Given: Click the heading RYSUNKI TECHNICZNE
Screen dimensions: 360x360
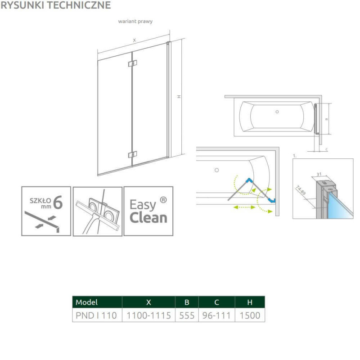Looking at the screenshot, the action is coord(55,5).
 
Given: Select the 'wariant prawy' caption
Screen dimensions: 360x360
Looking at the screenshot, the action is coord(135,21).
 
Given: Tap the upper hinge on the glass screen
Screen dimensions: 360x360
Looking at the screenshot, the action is coord(132,63).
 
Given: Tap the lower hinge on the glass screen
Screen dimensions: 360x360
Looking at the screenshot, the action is coord(132,154).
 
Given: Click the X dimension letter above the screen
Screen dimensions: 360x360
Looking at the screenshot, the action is coord(134,40).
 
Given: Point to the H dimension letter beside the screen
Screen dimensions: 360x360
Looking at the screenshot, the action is coord(179,97).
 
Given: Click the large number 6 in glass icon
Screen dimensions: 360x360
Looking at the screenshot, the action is coord(58,202).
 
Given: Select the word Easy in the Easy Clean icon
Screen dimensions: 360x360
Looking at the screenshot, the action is coord(143,205).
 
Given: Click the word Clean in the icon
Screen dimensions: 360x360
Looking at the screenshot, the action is coord(148,218).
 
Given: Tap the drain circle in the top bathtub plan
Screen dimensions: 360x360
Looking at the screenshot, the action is coord(277,112).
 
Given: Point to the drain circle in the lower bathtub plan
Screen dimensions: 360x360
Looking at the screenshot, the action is coord(217,170).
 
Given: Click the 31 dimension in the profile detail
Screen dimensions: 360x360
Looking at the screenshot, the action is coord(319,174).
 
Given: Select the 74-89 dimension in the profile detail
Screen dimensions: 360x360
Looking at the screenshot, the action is coord(301,190).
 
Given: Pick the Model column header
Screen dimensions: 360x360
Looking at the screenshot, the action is coord(86,302).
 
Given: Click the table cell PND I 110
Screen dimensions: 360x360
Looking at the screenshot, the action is coord(96,315).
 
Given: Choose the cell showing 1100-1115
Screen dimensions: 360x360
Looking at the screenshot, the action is coord(149,315).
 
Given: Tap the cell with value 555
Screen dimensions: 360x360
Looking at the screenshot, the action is coord(187,315).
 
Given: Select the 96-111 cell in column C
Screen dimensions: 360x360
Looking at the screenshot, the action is coord(216,315).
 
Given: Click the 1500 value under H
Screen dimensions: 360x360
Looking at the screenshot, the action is coord(250,315).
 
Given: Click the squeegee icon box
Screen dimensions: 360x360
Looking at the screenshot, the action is coord(98,211).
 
